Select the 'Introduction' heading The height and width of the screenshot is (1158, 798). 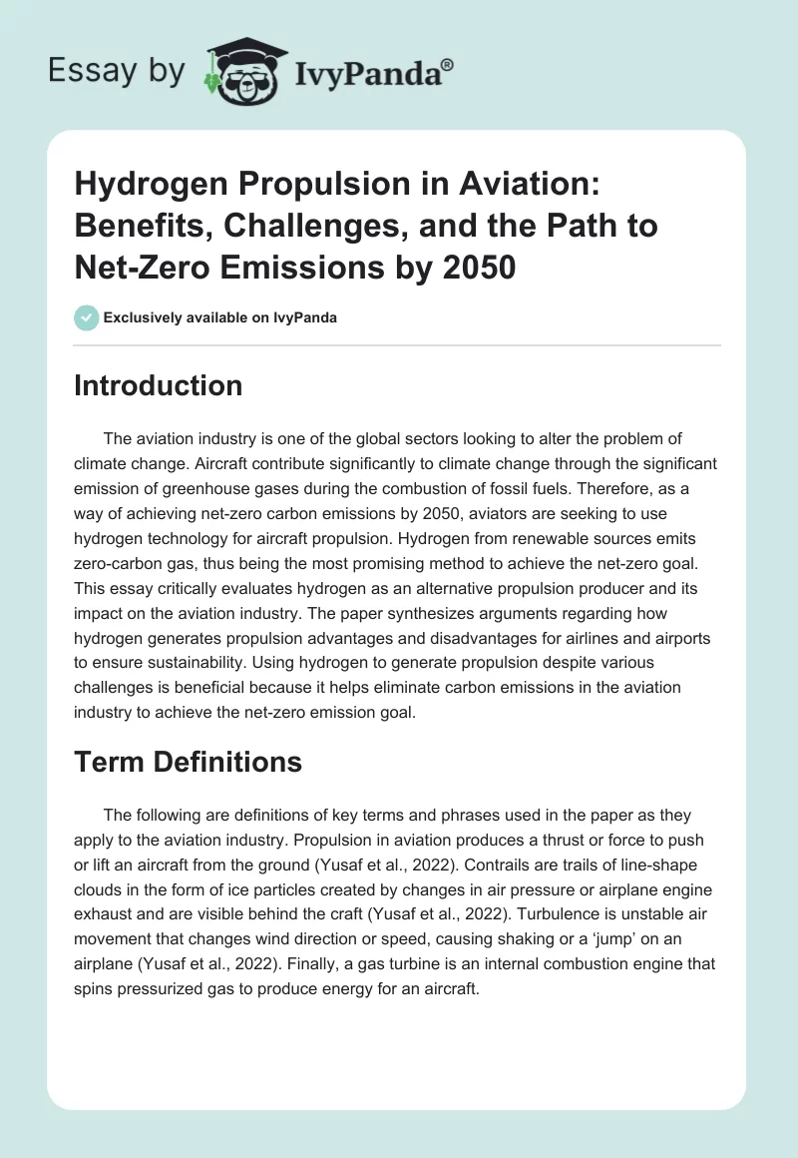[x=158, y=385]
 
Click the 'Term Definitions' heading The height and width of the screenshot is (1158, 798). [x=188, y=763]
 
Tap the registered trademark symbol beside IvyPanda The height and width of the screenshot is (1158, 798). [x=447, y=64]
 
